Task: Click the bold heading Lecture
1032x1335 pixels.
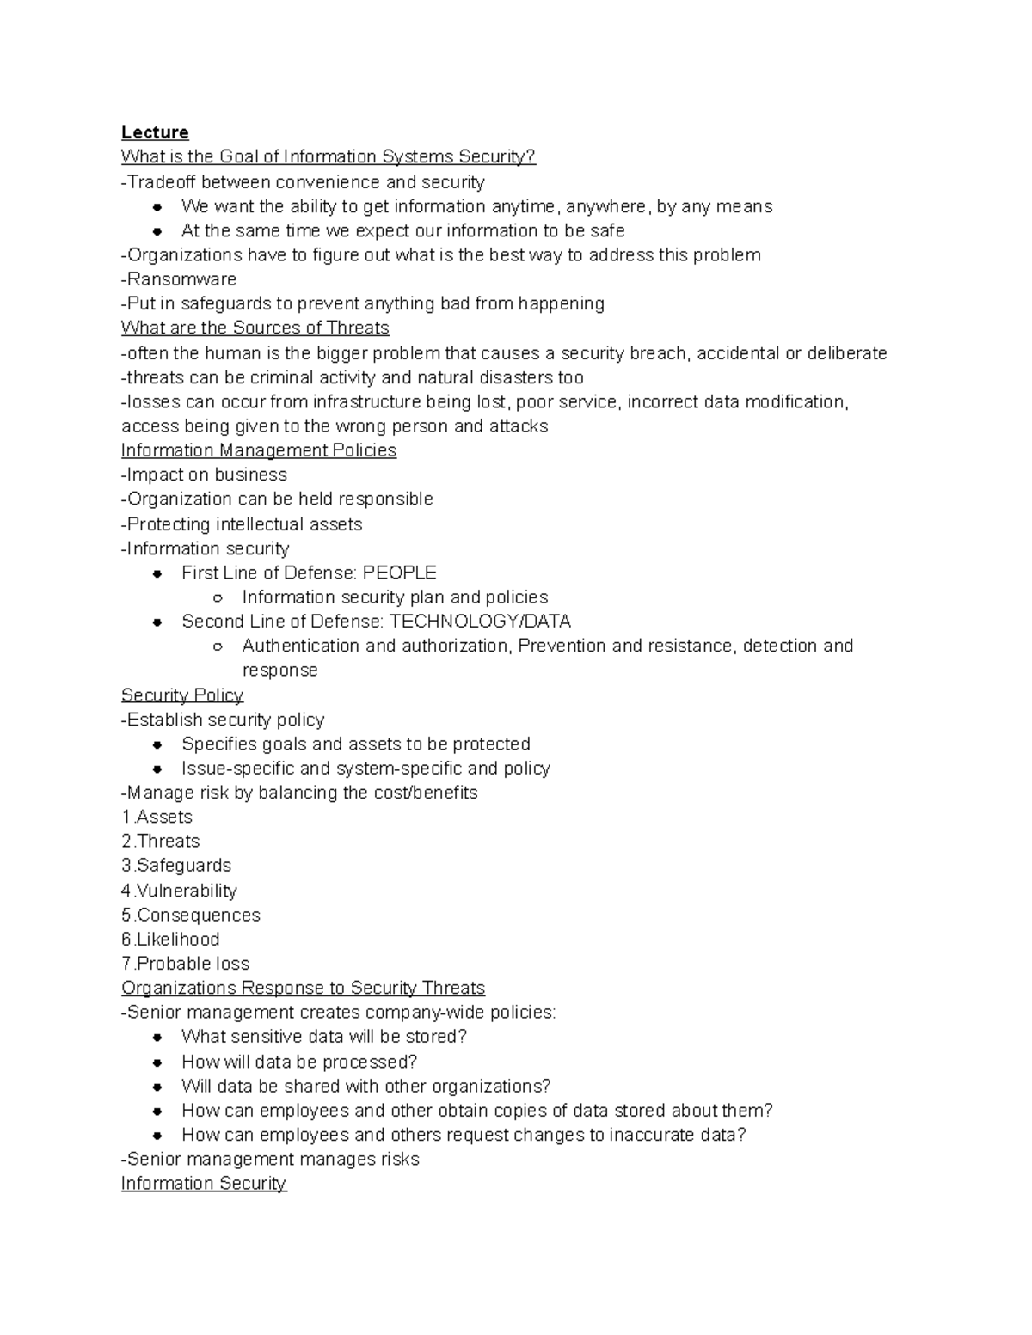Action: (x=155, y=132)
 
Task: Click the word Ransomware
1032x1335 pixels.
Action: (x=181, y=279)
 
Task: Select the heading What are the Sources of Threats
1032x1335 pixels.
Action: (x=255, y=328)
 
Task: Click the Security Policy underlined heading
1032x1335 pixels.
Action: (x=182, y=695)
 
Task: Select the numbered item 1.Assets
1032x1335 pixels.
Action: (x=157, y=817)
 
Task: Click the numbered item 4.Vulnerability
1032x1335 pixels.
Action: (x=179, y=891)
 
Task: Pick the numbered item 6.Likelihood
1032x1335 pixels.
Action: (x=170, y=939)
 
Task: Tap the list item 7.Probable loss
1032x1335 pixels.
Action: (x=186, y=964)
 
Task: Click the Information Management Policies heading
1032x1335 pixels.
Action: (x=259, y=450)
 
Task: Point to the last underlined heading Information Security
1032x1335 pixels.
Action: (x=204, y=1184)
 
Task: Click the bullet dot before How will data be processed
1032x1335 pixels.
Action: (x=157, y=1062)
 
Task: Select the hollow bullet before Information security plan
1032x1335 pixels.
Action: (x=218, y=597)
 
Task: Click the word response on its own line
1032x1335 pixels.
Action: (x=279, y=671)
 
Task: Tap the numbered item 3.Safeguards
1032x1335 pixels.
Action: (x=176, y=866)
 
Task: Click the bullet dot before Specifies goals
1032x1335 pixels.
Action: (x=157, y=744)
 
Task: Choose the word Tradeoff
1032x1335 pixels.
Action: (x=162, y=182)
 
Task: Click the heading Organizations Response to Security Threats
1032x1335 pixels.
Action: (x=303, y=988)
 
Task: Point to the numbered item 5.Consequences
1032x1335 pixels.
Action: (x=191, y=915)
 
